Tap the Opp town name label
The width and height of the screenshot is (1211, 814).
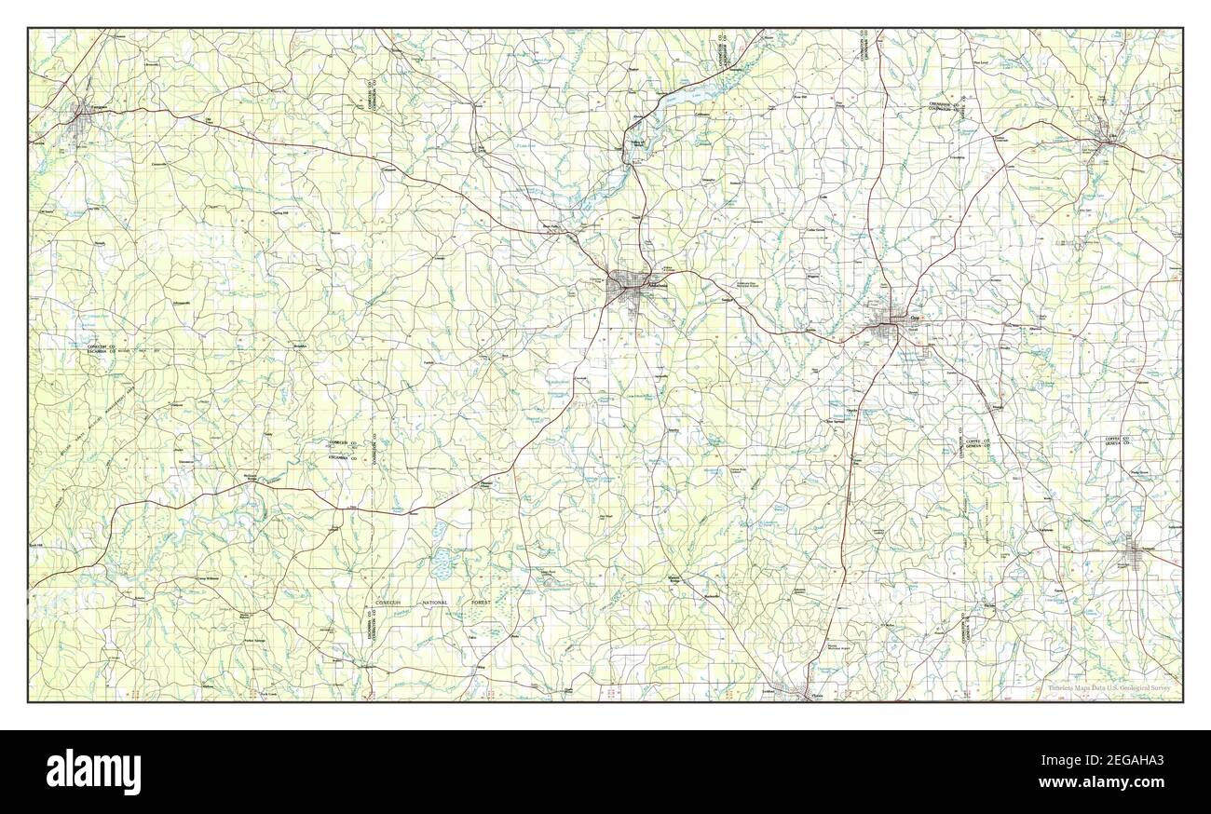(x=901, y=318)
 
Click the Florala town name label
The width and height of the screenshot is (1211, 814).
(x=817, y=695)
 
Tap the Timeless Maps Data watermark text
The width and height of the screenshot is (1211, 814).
(x=1109, y=689)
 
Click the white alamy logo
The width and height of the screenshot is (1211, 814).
(x=93, y=771)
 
